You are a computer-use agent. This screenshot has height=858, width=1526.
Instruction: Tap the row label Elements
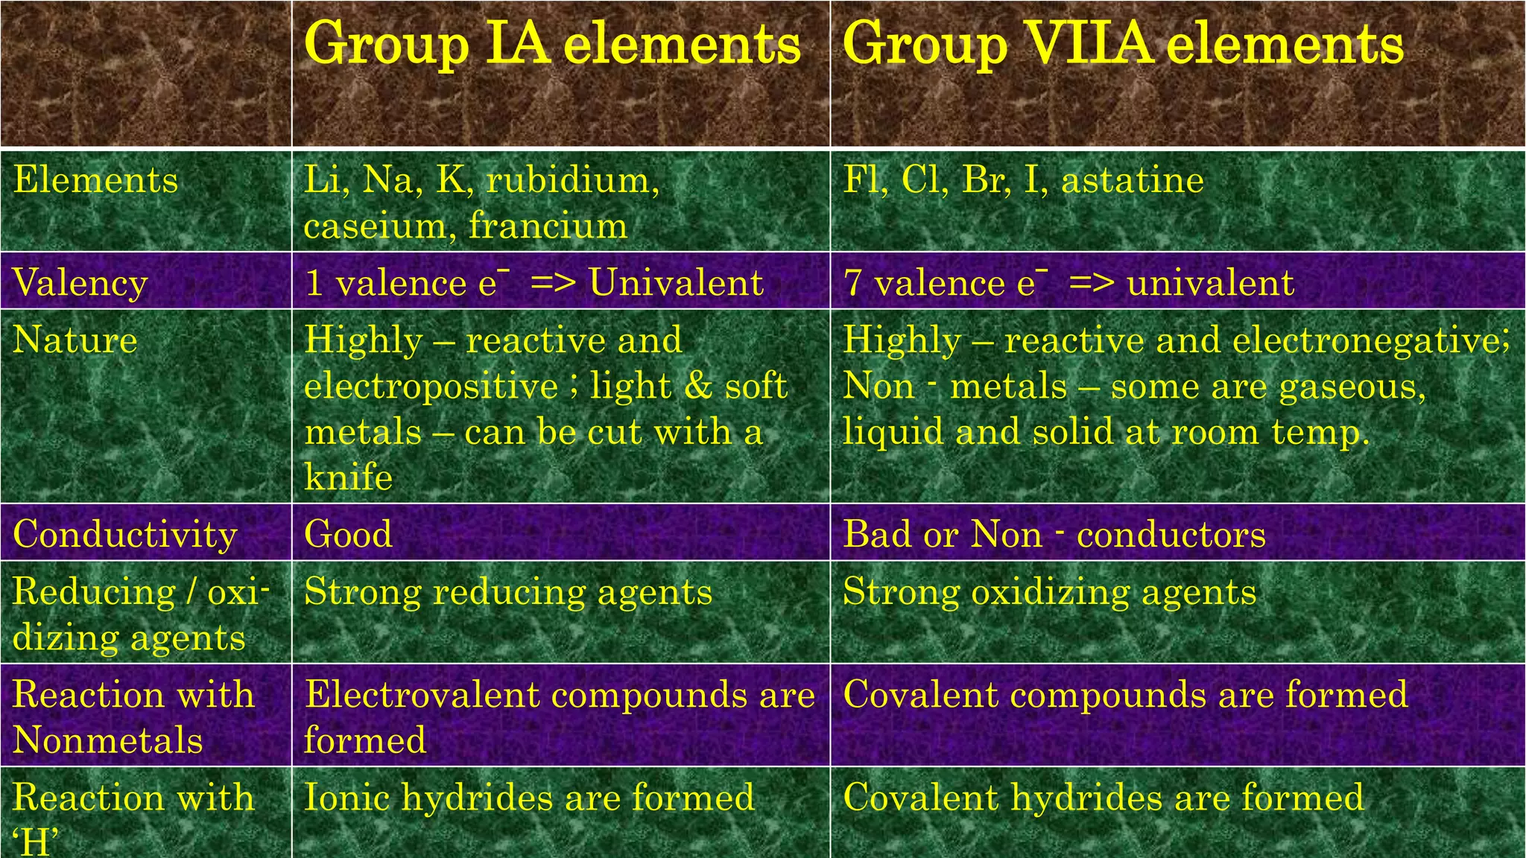coord(95,180)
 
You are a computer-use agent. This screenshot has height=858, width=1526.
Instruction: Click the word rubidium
coord(572,180)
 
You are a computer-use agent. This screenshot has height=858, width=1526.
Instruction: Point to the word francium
coord(548,226)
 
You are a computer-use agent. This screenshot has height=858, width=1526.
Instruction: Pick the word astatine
coord(1133,180)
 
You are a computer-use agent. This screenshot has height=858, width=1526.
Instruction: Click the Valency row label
coord(80,283)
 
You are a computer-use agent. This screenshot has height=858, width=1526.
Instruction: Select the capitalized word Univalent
coord(676,283)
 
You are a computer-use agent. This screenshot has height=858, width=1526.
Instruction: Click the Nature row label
coord(75,340)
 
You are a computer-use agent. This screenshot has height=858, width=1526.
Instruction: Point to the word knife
coord(348,477)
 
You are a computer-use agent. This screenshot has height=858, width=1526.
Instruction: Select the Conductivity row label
coord(125,535)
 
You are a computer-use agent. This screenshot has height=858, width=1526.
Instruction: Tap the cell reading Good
coord(348,535)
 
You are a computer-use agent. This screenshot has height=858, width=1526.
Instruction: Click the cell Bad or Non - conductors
coord(1054,535)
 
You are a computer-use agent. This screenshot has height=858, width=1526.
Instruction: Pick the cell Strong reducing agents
coord(508,593)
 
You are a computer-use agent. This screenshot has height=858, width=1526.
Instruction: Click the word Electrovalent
coord(422,695)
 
